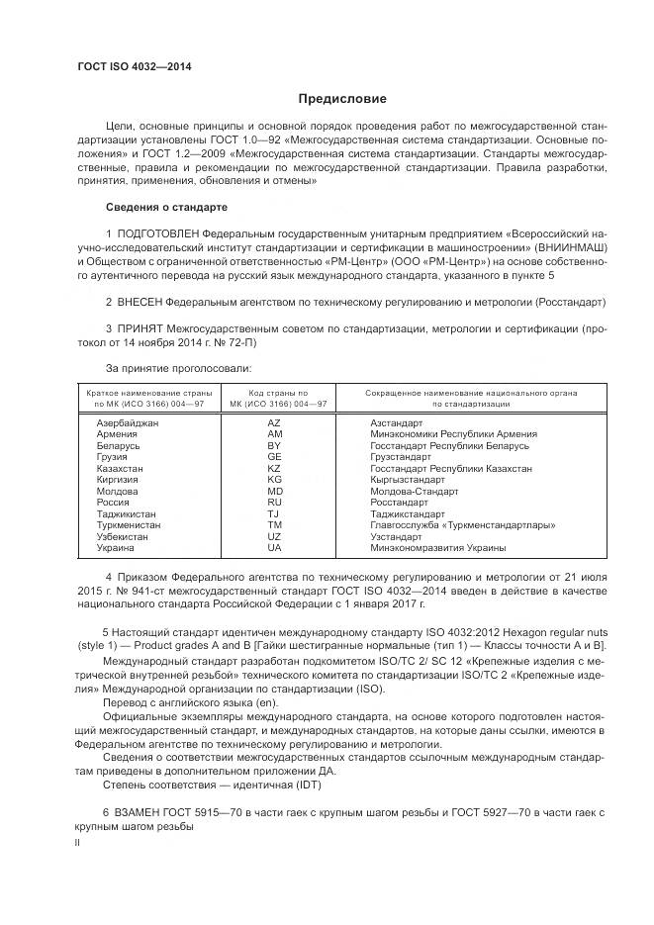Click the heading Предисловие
343,99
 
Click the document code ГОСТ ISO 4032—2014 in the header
135,67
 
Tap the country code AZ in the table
274,422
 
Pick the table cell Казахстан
120,468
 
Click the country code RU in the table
274,503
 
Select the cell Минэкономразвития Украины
437,548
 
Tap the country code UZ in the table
274,536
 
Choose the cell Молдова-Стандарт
414,491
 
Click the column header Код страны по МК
277,394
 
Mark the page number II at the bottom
79,843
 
